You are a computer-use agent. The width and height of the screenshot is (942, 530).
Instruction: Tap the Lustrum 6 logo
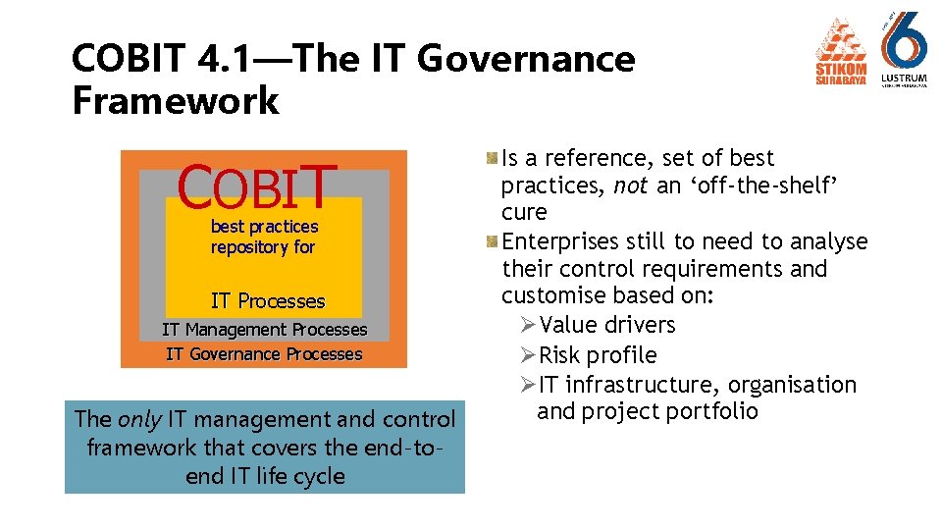(x=904, y=49)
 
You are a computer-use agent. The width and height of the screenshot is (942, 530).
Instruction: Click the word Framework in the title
(x=176, y=100)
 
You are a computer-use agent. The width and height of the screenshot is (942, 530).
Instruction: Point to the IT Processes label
(x=268, y=301)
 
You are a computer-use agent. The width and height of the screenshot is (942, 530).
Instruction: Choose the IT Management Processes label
(x=265, y=330)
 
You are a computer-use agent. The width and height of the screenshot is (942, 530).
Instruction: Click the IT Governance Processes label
(x=265, y=354)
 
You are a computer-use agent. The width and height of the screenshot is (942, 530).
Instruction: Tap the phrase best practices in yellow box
(x=264, y=227)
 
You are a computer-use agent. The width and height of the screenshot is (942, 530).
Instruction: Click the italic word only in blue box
(x=139, y=419)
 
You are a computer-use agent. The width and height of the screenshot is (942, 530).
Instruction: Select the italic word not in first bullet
(x=629, y=185)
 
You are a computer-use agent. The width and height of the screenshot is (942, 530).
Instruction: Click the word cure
(x=524, y=213)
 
